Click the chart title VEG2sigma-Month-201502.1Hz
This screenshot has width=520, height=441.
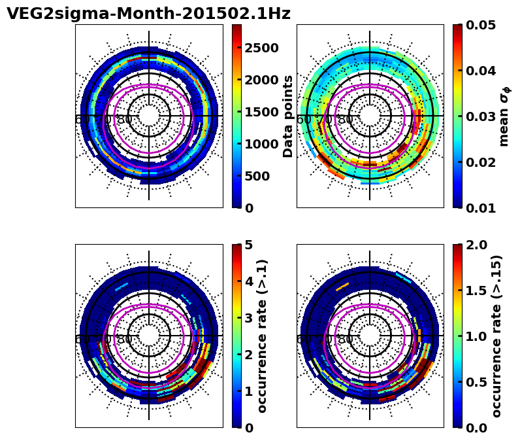coord(148,14)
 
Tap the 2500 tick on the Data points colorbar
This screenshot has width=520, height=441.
coord(261,48)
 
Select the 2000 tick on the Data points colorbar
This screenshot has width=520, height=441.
coord(261,80)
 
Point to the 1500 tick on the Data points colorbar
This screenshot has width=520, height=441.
coord(261,112)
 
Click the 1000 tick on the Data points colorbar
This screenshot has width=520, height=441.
coord(261,144)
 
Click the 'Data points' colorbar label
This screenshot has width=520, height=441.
coord(288,116)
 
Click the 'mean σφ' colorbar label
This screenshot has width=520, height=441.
coord(504,116)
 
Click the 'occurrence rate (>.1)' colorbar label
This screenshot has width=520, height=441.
coord(263,336)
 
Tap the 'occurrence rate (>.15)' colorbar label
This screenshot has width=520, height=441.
coord(496,336)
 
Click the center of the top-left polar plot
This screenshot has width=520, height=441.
coord(149,116)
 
